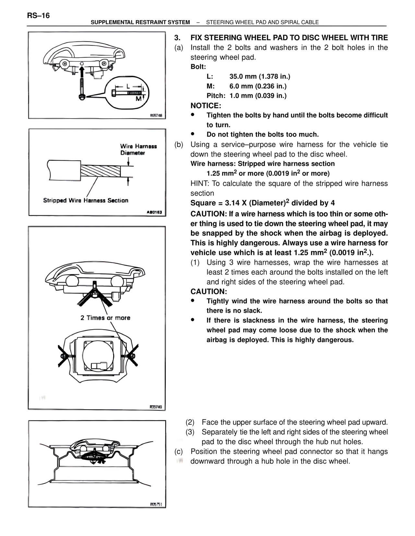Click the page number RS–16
coord(39,16)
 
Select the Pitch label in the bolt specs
coord(216,96)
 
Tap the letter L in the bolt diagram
coord(128,86)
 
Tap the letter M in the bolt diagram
coord(138,99)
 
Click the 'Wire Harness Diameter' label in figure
coord(138,150)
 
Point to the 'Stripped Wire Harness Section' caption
coord(86,200)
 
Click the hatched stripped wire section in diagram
coord(101,171)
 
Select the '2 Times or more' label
coord(105,318)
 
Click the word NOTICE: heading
coord(206,106)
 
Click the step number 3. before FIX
coord(177,38)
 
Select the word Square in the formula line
coord(203,203)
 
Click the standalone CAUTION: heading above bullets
coord(208,292)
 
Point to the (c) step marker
coord(179,452)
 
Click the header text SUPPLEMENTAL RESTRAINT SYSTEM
coord(140,22)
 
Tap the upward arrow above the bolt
coord(82,69)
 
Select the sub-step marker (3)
coord(190,432)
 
